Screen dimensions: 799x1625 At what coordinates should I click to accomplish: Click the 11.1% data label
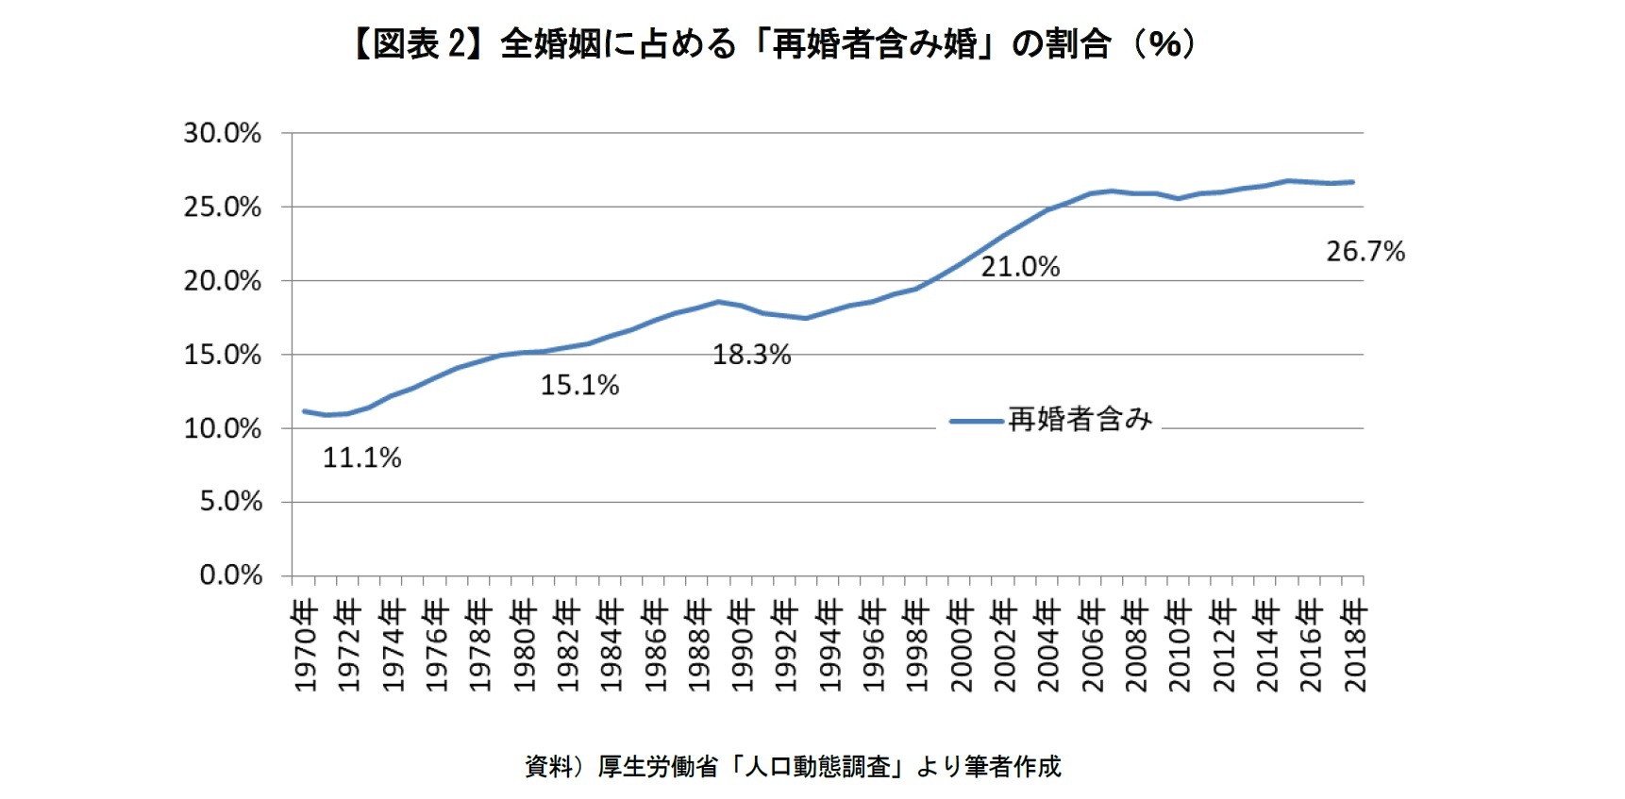(x=362, y=458)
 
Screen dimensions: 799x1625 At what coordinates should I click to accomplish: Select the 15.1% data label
(x=579, y=386)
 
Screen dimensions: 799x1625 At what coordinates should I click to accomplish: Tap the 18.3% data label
(x=751, y=355)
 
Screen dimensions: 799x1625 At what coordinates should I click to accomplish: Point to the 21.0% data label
(x=1020, y=267)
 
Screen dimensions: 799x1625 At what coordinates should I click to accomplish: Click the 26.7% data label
(x=1365, y=252)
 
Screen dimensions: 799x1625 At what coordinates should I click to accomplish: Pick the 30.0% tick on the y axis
(x=223, y=134)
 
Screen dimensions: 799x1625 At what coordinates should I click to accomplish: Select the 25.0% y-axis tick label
(x=223, y=208)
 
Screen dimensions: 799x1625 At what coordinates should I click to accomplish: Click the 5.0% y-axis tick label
(x=231, y=502)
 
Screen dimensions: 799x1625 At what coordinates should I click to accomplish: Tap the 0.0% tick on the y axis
(x=231, y=575)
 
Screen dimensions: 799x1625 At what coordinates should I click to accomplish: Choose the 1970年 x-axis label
(x=305, y=646)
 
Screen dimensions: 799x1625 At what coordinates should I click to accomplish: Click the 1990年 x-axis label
(x=743, y=646)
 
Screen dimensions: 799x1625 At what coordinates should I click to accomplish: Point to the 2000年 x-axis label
(x=961, y=646)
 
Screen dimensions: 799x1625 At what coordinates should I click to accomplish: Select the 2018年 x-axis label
(x=1355, y=646)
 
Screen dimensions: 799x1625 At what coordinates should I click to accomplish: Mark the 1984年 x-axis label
(x=611, y=646)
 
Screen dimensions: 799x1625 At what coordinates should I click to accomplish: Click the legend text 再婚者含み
(x=1081, y=420)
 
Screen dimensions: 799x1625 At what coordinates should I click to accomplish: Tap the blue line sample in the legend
(x=977, y=421)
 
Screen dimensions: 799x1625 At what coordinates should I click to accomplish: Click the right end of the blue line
(x=1353, y=182)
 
